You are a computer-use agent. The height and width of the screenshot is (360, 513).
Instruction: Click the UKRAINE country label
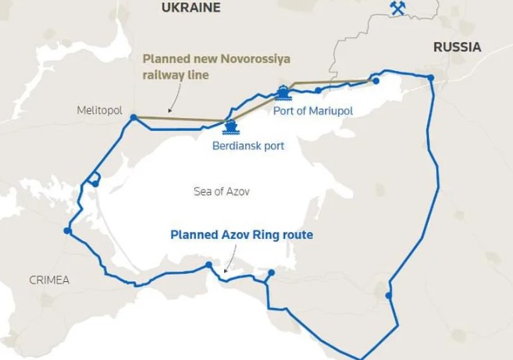click(x=191, y=8)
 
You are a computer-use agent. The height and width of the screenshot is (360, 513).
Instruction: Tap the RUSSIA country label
click(x=457, y=48)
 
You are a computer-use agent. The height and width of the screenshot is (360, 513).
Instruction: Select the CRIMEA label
click(x=49, y=280)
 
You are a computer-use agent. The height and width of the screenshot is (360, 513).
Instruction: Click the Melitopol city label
click(x=100, y=111)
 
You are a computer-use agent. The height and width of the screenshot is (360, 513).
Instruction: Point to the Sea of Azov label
click(x=222, y=191)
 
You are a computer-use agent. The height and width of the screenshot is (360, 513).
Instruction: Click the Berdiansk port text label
click(x=248, y=145)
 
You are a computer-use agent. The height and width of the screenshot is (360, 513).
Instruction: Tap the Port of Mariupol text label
click(x=313, y=111)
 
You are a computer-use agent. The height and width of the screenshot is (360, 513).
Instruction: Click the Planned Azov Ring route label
click(x=241, y=234)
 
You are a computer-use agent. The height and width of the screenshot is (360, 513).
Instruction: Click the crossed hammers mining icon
click(x=398, y=9)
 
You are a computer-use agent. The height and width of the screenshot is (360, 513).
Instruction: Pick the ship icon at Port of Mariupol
click(x=283, y=94)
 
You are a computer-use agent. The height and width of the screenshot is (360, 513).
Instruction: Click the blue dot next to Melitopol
click(x=134, y=118)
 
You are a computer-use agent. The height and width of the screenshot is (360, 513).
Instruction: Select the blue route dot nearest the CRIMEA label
click(x=68, y=231)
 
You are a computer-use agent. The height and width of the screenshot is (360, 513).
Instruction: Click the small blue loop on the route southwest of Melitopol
click(x=93, y=180)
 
